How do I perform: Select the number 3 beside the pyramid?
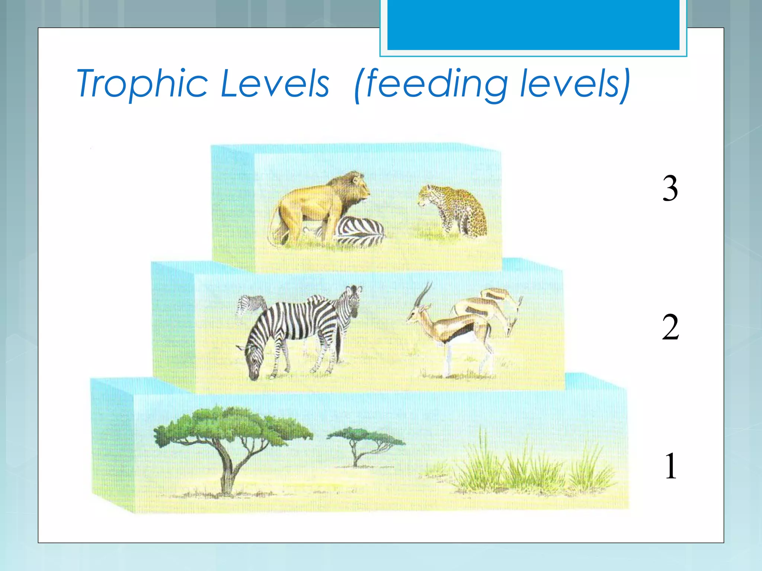pyautogui.click(x=670, y=188)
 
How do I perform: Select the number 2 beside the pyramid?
pyautogui.click(x=670, y=327)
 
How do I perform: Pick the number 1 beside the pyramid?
pyautogui.click(x=671, y=466)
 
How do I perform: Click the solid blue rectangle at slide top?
pyautogui.click(x=533, y=24)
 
